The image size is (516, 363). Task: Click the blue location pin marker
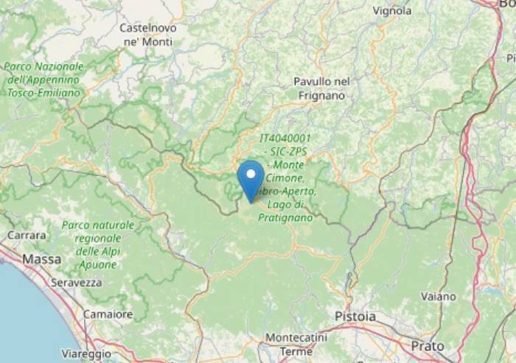click(x=251, y=179)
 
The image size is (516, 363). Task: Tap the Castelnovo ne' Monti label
click(x=148, y=35)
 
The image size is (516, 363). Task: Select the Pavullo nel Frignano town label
click(x=321, y=88)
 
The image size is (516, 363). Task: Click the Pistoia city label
click(x=355, y=317)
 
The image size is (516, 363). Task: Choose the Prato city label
click(x=428, y=345)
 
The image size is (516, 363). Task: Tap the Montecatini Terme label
click(x=290, y=343)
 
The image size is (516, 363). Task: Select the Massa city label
click(x=42, y=259)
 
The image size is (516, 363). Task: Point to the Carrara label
click(x=27, y=236)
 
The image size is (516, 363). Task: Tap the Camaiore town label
click(x=108, y=314)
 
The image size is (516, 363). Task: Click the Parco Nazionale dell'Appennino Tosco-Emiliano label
click(x=43, y=80)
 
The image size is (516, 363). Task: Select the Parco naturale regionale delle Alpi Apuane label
click(x=98, y=244)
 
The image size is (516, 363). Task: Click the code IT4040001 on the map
click(x=285, y=138)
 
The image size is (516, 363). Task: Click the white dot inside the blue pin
click(x=251, y=175)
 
